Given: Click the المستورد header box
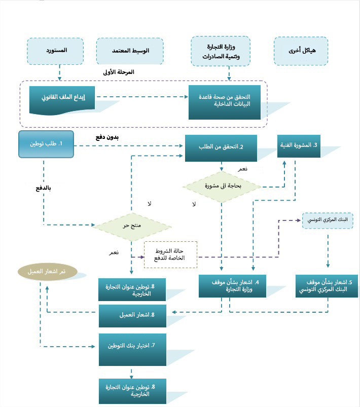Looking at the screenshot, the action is click(x=55, y=51).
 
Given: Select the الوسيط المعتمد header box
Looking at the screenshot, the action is click(x=130, y=51).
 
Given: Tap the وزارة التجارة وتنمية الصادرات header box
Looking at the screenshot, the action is click(x=221, y=51).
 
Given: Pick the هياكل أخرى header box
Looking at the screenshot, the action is click(x=301, y=51).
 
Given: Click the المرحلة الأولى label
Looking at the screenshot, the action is click(x=119, y=72).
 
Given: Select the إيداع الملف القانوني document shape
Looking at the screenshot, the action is click(x=62, y=100).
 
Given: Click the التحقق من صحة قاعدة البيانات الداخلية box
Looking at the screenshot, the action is click(x=225, y=102).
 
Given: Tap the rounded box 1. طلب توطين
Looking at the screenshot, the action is click(x=46, y=144).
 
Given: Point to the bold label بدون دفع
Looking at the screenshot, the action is click(x=107, y=137).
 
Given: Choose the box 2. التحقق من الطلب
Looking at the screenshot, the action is click(x=221, y=148).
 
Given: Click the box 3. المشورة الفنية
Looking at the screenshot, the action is click(x=299, y=146).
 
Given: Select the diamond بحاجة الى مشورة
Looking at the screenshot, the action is click(x=222, y=187).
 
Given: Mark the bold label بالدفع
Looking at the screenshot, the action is click(x=43, y=188).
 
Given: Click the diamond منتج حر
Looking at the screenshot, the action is click(x=131, y=227).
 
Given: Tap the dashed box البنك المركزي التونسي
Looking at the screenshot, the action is click(x=328, y=220).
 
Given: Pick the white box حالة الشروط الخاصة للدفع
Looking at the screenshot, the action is click(x=171, y=254).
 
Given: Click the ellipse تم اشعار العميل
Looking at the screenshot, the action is click(x=48, y=272).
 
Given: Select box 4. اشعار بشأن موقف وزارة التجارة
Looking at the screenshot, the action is click(x=232, y=286).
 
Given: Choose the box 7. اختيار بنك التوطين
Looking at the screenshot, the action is click(x=132, y=350).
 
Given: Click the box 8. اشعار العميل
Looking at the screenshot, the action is click(x=132, y=316).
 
